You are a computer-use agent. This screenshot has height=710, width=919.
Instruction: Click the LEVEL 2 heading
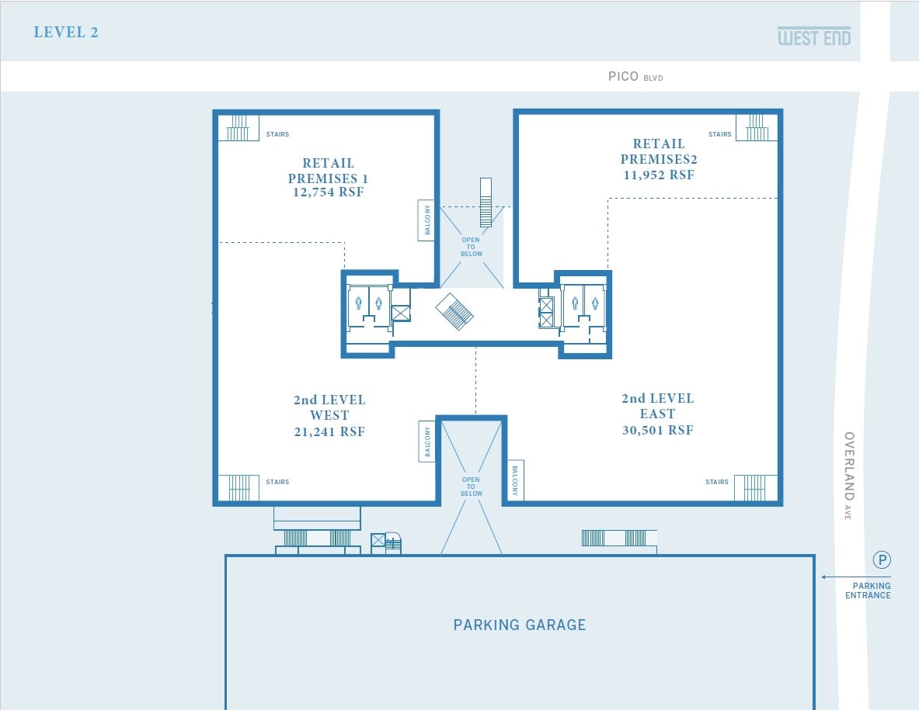(66, 33)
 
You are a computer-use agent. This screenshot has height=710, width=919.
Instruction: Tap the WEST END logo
(814, 36)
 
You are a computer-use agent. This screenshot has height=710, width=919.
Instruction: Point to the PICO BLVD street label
(635, 77)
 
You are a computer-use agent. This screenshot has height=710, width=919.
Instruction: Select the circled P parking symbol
(882, 559)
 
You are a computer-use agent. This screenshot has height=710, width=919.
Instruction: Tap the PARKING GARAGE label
(520, 625)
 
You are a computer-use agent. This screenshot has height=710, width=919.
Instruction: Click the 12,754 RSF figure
(328, 192)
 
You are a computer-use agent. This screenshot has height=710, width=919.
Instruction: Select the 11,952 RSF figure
(659, 175)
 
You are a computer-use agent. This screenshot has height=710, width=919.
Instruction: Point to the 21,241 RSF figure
(329, 431)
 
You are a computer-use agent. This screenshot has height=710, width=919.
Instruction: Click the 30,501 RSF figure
(657, 430)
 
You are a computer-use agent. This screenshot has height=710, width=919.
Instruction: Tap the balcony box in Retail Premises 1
(426, 220)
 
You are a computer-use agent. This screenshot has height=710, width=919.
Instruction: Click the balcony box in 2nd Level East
(515, 480)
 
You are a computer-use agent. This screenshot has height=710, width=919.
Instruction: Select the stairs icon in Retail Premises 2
(751, 127)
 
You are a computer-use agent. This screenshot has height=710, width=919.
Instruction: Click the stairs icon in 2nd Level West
(238, 488)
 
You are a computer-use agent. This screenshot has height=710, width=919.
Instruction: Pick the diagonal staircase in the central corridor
(454, 311)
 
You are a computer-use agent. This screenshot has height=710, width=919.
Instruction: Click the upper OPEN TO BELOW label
(471, 247)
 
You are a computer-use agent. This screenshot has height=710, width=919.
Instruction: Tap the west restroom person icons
(368, 303)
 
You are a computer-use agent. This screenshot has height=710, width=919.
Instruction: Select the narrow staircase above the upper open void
(486, 203)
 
